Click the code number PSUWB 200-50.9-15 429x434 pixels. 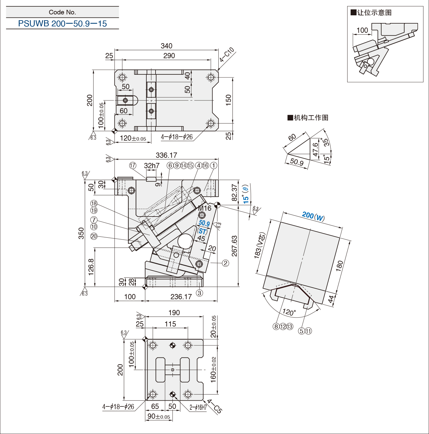pyautogui.click(x=62, y=24)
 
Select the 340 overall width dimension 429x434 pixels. pyautogui.click(x=166, y=46)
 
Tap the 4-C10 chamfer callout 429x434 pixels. pyautogui.click(x=227, y=55)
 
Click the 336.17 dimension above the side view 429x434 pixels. pyautogui.click(x=166, y=155)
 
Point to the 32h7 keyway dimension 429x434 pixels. pyautogui.click(x=152, y=165)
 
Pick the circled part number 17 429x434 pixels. pyautogui.click(x=133, y=165)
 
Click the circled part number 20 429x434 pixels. pyautogui.click(x=94, y=236)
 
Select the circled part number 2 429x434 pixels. pyautogui.click(x=225, y=263)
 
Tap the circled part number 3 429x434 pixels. pyautogui.click(x=199, y=293)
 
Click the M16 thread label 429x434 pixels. pyautogui.click(x=205, y=208)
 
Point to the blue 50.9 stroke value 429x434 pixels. pyautogui.click(x=204, y=223)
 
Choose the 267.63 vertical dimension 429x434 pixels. pyautogui.click(x=235, y=246)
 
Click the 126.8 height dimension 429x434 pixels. pyautogui.click(x=91, y=267)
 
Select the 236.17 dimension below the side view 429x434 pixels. pyautogui.click(x=181, y=296)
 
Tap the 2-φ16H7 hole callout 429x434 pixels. pyautogui.click(x=198, y=407)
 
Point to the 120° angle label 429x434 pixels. pyautogui.click(x=289, y=312)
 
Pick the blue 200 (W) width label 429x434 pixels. pyautogui.click(x=313, y=217)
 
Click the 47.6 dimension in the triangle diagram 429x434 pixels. pyautogui.click(x=315, y=149)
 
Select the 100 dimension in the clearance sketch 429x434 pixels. pyautogui.click(x=362, y=30)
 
